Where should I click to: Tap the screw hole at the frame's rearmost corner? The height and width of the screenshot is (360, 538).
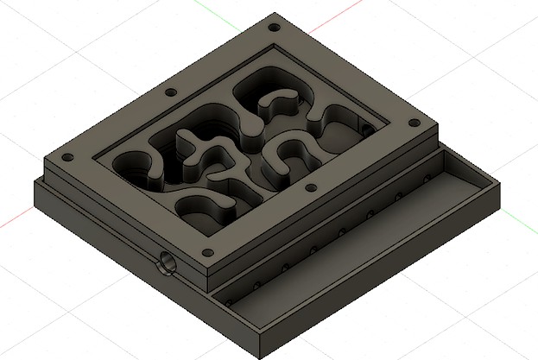(x=275, y=27)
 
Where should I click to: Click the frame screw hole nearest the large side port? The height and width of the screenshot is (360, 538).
(x=206, y=252)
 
